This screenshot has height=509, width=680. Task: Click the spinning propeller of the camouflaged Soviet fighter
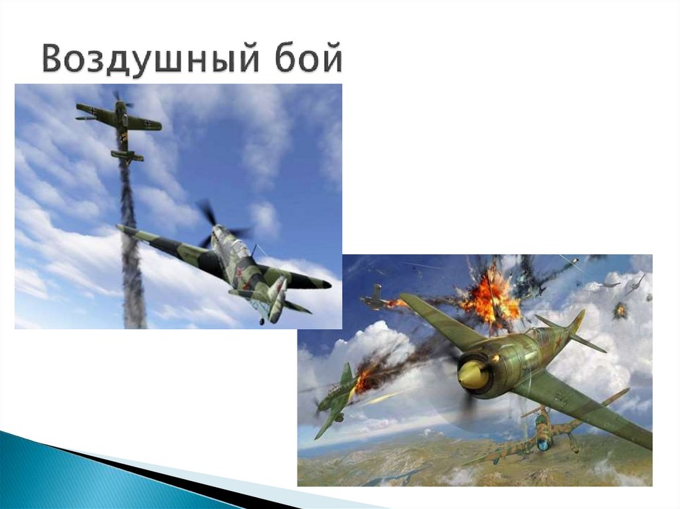pyautogui.click(x=219, y=224)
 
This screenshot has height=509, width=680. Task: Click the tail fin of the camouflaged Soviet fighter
pyautogui.click(x=277, y=297)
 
